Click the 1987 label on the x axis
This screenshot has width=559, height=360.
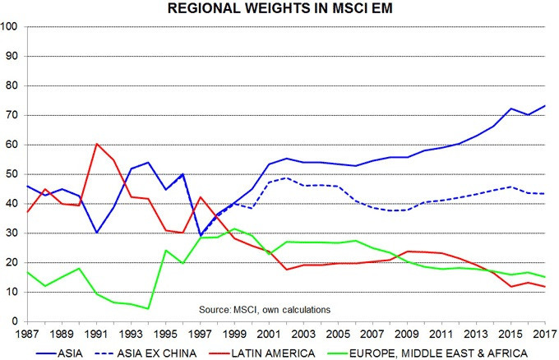(x=27, y=335)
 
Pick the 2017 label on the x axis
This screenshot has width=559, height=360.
(x=545, y=335)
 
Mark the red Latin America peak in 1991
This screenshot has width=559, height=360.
(x=97, y=144)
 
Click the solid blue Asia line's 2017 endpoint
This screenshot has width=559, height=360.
(x=545, y=105)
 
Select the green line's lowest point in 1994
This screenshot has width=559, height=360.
(x=148, y=308)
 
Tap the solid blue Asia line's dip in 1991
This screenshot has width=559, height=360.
(x=97, y=233)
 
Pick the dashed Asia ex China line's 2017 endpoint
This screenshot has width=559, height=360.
(x=545, y=193)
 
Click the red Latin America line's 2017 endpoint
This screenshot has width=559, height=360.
(x=545, y=286)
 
